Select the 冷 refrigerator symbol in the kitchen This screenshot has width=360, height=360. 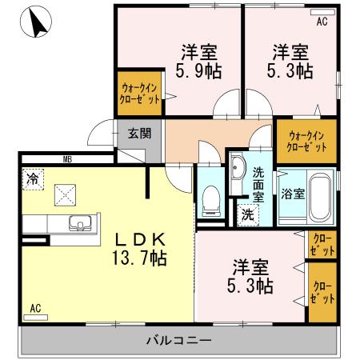coord(31,178)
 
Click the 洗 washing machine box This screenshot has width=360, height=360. coord(247,214)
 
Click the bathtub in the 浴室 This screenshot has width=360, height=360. coord(319,196)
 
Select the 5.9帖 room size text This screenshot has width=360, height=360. coord(198,70)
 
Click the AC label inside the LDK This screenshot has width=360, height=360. coord(35,307)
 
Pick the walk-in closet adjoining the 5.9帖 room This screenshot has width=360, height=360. coord(140,92)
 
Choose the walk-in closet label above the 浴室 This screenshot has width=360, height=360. coord(307,141)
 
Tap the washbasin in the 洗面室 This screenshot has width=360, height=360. coord(237,168)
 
